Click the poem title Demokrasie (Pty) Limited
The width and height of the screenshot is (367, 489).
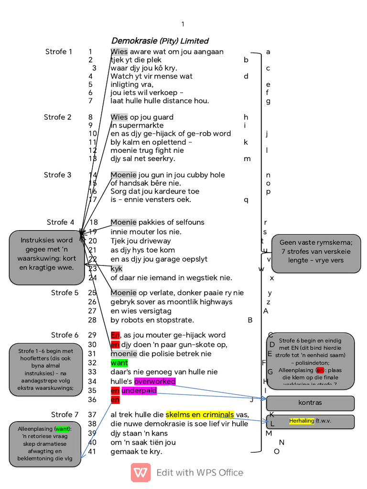click(160, 41)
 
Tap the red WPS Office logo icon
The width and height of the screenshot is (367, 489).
click(140, 472)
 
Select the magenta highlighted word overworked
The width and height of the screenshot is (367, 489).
click(155, 381)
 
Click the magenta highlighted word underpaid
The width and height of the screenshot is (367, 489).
click(139, 391)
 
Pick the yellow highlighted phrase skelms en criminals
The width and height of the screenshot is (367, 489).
click(200, 414)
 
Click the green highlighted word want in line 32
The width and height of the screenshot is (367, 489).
click(119, 363)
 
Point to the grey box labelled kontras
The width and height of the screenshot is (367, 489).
click(310, 403)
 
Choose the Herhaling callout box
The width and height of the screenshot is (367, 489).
click(310, 421)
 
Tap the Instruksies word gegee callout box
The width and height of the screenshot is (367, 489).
click(46, 258)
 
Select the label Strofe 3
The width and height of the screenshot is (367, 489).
click(58, 175)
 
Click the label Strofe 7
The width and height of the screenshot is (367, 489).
click(65, 414)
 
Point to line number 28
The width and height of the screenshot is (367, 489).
click(92, 320)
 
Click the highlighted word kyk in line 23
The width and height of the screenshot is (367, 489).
click(117, 269)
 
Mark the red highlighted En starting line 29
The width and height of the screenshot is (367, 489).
click(115, 335)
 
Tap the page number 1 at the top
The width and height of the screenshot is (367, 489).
click(183, 24)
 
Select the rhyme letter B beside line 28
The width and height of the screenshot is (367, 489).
click(250, 320)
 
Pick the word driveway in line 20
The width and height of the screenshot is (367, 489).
click(154, 241)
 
